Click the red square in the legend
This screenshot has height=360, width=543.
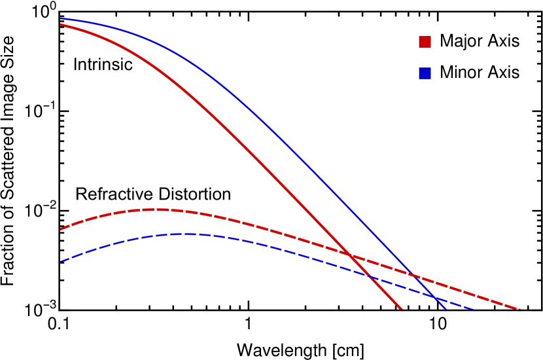(x=425, y=42)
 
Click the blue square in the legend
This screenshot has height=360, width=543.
(x=425, y=73)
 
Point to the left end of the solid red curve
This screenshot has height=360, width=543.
(x=61, y=24)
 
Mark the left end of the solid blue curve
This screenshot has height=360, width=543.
(x=61, y=18)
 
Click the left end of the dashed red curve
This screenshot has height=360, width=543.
(x=61, y=229)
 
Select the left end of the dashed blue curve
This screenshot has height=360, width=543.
(x=61, y=261)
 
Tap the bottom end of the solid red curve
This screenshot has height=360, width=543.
(x=401, y=309)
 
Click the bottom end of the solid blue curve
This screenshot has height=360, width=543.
(x=446, y=309)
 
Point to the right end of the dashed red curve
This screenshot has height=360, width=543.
(x=520, y=309)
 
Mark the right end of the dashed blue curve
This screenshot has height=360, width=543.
(x=472, y=309)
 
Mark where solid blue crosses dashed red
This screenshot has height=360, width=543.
(x=416, y=276)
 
